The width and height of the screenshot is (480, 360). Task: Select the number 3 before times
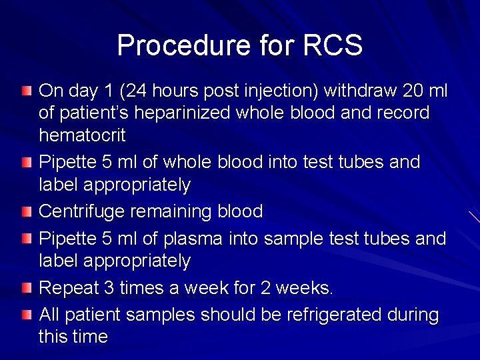coord(109,288)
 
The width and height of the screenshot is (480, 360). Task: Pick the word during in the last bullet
coord(414,314)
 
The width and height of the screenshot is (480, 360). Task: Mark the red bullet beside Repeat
coord(26,288)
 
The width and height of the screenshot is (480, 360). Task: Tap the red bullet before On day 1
coord(26,90)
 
